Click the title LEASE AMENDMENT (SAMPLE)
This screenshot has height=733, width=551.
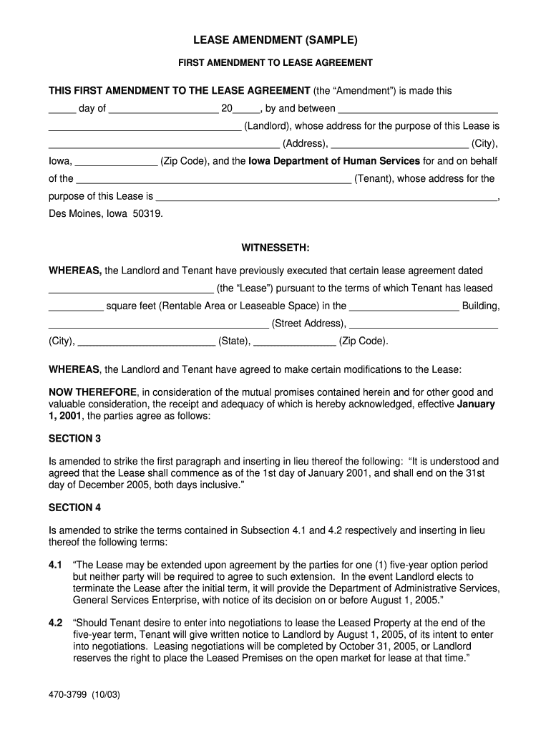pos(275,40)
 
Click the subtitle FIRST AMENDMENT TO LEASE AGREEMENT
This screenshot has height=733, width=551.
pos(275,63)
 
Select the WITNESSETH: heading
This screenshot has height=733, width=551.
pos(275,248)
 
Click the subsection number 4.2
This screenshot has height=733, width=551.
pos(56,623)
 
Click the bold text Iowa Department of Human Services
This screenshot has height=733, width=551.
pos(334,161)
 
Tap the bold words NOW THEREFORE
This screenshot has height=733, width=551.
pos(92,392)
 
